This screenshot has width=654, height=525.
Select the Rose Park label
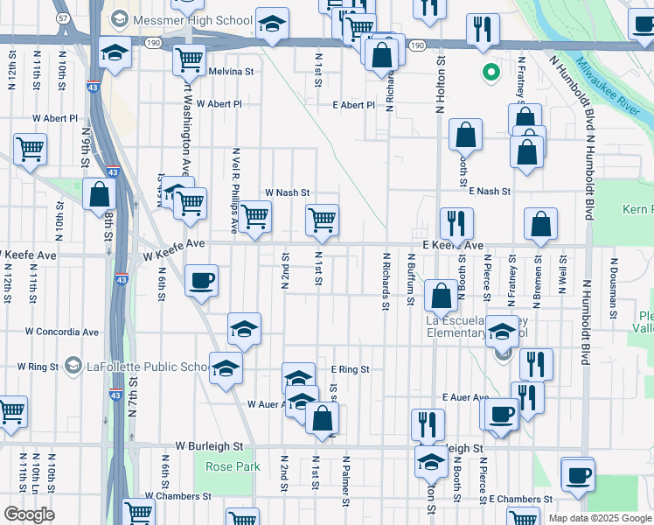click(x=233, y=466)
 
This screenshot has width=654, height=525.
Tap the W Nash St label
click(x=288, y=192)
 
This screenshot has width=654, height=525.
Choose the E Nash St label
click(x=488, y=191)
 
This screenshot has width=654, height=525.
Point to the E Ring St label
click(x=350, y=370)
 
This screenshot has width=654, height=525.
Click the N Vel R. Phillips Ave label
click(x=234, y=189)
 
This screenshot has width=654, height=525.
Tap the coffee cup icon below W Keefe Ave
click(x=202, y=280)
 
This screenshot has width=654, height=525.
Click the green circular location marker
click(x=491, y=73)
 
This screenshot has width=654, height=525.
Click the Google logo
click(x=29, y=514)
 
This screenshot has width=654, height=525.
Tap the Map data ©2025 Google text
click(x=600, y=518)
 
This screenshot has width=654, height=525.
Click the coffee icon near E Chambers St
click(x=578, y=475)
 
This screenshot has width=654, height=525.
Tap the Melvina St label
click(x=231, y=72)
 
